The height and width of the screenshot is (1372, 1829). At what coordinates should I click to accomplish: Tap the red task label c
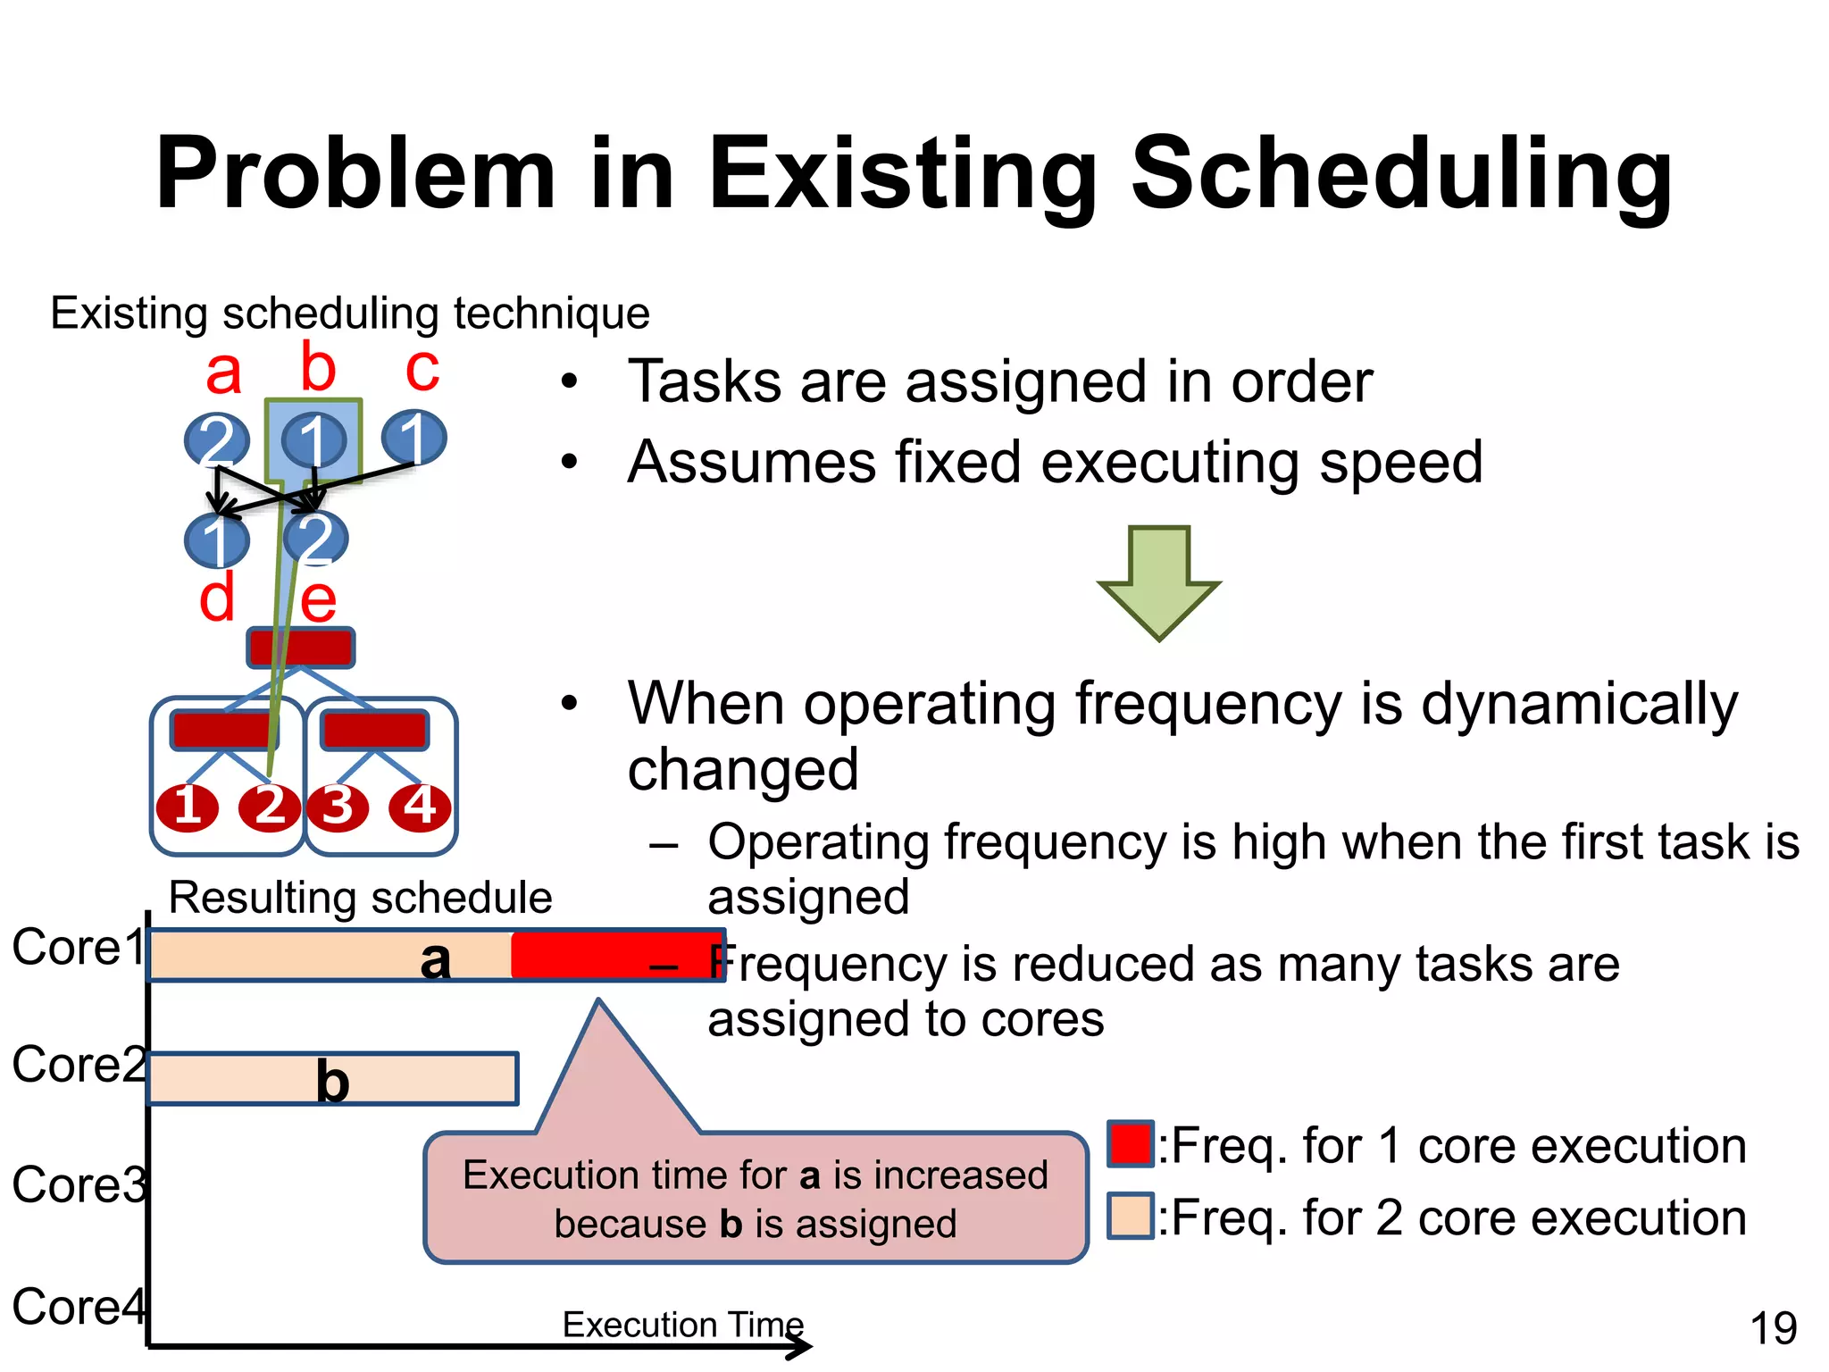coord(422,369)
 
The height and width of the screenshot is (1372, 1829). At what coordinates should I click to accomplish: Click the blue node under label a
coord(216,439)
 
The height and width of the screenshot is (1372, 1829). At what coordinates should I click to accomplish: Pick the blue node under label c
coord(413,438)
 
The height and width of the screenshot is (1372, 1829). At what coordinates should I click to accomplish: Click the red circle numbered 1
coord(188,807)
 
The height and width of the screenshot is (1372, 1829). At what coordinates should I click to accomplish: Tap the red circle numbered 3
coord(338,807)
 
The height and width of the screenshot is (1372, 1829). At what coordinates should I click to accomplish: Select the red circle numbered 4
coord(420,807)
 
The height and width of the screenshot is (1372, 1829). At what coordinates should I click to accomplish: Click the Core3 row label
coord(79,1185)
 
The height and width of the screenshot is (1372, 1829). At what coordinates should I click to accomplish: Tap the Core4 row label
coord(79,1307)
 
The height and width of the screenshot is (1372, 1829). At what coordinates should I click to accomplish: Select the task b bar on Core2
coord(332,1079)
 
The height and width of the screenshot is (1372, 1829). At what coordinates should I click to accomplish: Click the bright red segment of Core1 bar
coord(616,955)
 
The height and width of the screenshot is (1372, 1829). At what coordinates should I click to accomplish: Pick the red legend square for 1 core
coord(1130,1144)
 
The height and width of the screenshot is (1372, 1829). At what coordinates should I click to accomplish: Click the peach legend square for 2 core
coord(1130,1216)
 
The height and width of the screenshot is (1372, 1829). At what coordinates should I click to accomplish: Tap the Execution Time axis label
coord(682,1324)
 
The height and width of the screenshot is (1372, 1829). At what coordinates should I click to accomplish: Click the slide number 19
coord(1773,1328)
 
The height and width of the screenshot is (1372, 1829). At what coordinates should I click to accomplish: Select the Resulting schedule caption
coord(360,897)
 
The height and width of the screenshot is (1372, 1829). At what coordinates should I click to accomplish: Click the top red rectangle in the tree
coord(301,648)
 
